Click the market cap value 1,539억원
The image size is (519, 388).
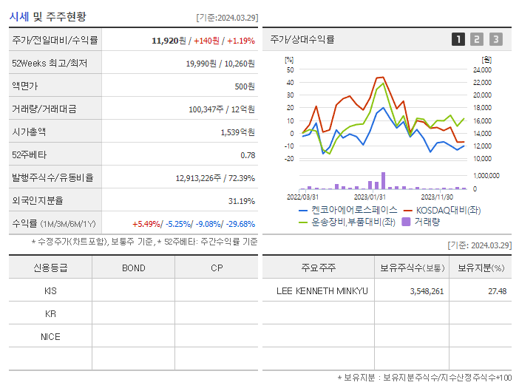(x=237, y=132)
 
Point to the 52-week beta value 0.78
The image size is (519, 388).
(x=248, y=154)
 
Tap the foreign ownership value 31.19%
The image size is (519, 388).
(x=241, y=200)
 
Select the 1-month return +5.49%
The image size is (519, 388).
(x=147, y=224)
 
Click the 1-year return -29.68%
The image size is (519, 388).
(x=239, y=224)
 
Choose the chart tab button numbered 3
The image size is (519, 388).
(x=495, y=39)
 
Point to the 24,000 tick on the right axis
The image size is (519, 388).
(x=481, y=69)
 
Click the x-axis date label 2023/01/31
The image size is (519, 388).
(x=370, y=197)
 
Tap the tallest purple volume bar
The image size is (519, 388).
(x=383, y=180)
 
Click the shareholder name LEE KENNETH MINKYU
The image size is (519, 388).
(x=322, y=291)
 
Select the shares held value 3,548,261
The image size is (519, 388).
(x=427, y=291)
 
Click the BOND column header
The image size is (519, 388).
(x=133, y=268)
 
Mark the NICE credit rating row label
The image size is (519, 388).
(x=50, y=336)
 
